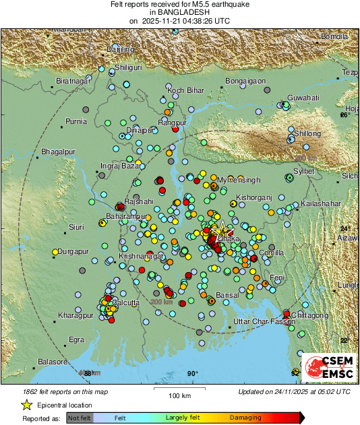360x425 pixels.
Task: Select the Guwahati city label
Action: point(303,98)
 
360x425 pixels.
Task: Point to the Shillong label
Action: point(307,133)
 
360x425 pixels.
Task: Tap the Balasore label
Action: point(52,362)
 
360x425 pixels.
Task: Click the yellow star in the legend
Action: point(26,405)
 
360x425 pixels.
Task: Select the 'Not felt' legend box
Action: point(80,418)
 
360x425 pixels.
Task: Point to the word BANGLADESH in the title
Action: point(179,13)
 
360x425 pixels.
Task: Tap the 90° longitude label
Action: point(192,374)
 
